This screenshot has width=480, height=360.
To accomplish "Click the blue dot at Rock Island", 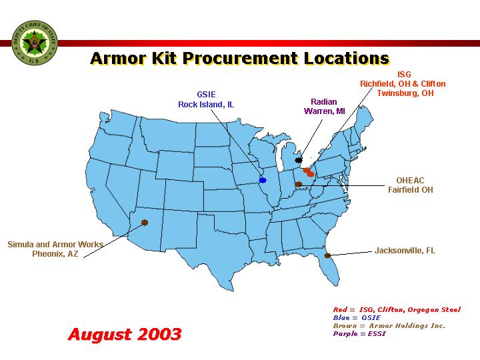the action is click(x=263, y=180).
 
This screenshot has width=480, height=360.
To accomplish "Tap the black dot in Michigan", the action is click(x=299, y=160).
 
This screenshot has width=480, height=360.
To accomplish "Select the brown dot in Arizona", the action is click(x=145, y=223).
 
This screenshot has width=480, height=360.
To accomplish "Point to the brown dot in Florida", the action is click(x=327, y=255).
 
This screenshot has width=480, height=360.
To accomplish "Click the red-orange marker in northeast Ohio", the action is click(x=309, y=172).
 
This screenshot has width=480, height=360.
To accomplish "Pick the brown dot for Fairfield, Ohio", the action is click(x=299, y=184).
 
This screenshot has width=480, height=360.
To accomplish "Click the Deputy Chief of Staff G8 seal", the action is click(x=34, y=43).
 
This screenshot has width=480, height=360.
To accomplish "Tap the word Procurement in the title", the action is click(x=240, y=58).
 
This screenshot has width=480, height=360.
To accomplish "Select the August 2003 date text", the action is click(x=125, y=334).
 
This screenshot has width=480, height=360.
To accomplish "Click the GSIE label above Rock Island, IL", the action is click(x=206, y=94).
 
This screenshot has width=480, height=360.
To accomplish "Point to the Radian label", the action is click(x=324, y=101).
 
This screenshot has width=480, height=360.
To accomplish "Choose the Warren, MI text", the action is click(x=324, y=111).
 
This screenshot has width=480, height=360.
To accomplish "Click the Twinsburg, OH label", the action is click(x=405, y=93).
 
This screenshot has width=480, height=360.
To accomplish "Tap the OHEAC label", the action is click(x=410, y=180).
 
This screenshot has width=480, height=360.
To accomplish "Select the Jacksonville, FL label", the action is click(x=405, y=251).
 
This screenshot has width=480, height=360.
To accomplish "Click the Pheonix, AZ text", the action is click(x=55, y=254).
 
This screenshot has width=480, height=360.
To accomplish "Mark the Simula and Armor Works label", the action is click(x=55, y=244).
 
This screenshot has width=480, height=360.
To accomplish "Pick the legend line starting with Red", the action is click(x=397, y=310).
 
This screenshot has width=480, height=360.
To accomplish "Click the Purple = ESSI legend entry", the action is click(x=359, y=334).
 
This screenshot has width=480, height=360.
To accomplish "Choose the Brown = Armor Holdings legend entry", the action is click(x=389, y=326).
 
